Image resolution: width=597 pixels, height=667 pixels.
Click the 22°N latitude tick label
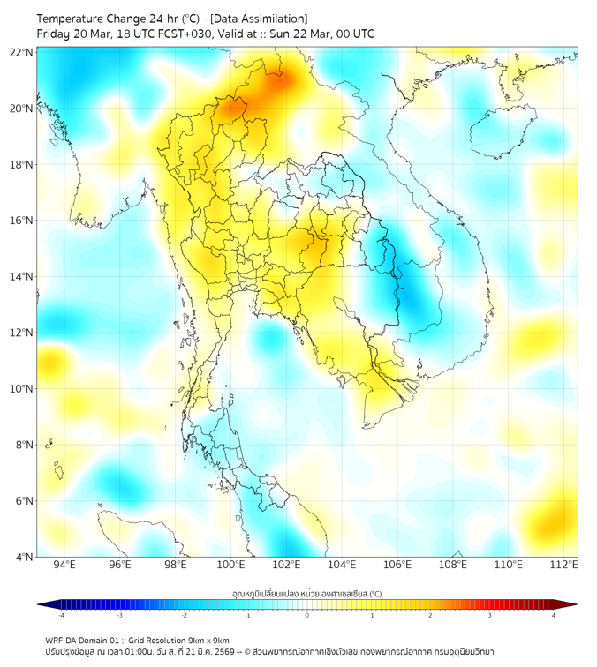[22, 52]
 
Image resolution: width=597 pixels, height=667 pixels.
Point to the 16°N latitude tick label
[22, 221]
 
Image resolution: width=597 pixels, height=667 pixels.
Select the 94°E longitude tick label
[64, 565]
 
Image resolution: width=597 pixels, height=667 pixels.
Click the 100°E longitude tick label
[231, 565]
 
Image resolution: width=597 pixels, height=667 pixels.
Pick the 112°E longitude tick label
[564, 565]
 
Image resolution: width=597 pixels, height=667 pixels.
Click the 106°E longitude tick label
[398, 565]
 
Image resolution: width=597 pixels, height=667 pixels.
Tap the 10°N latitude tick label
[22, 389]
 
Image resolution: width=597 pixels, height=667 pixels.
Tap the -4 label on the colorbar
[60, 615]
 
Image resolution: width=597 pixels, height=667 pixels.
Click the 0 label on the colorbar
[307, 615]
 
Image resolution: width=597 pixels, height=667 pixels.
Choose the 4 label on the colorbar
[554, 615]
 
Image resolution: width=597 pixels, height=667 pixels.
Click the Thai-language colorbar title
[306, 594]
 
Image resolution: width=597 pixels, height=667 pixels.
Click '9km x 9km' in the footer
[208, 640]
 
